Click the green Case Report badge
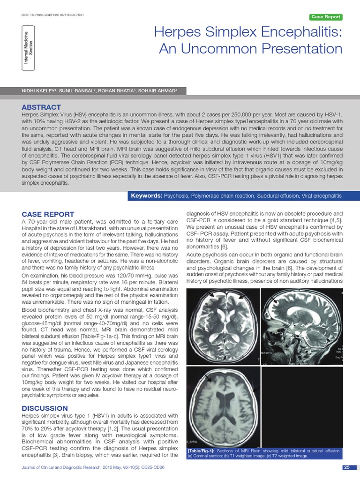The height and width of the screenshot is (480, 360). (326, 17)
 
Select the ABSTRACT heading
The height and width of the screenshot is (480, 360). (41, 107)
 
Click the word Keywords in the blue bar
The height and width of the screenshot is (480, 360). (146, 195)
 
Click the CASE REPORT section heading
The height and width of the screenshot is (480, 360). (48, 214)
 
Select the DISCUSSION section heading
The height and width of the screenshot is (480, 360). (45, 408)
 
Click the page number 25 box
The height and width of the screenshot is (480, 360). (346, 467)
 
